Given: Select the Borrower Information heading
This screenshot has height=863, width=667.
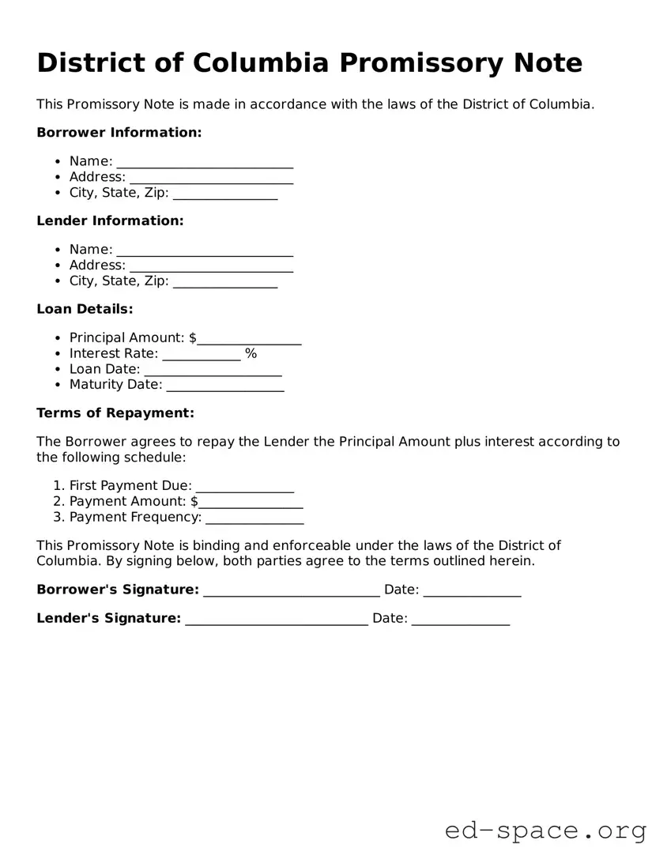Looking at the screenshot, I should click(119, 133).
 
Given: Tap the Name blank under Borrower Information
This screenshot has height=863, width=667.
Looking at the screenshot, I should click(205, 163).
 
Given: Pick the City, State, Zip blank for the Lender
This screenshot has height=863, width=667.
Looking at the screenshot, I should click(225, 282).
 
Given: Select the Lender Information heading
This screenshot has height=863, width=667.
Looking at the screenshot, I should click(110, 221).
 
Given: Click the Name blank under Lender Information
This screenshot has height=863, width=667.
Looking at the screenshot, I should click(205, 251).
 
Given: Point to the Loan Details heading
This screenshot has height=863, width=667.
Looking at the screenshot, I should click(85, 309).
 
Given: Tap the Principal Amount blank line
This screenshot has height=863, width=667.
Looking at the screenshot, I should click(249, 339).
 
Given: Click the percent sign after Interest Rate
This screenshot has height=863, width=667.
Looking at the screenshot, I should click(251, 354).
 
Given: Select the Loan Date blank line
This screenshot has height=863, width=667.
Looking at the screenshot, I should click(213, 371).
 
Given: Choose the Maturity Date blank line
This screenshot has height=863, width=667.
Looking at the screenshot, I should click(225, 386).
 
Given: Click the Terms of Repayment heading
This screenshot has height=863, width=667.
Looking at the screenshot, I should click(115, 413).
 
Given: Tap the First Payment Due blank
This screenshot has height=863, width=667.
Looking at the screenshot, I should click(244, 487).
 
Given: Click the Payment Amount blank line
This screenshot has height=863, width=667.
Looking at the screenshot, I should click(251, 503).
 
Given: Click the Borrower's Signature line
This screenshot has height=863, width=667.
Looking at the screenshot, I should click(292, 591).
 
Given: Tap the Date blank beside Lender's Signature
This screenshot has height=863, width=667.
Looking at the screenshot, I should click(461, 620).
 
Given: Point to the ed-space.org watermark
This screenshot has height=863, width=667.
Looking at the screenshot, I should click(545, 831).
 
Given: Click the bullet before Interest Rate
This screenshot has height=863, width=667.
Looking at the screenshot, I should click(58, 354).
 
